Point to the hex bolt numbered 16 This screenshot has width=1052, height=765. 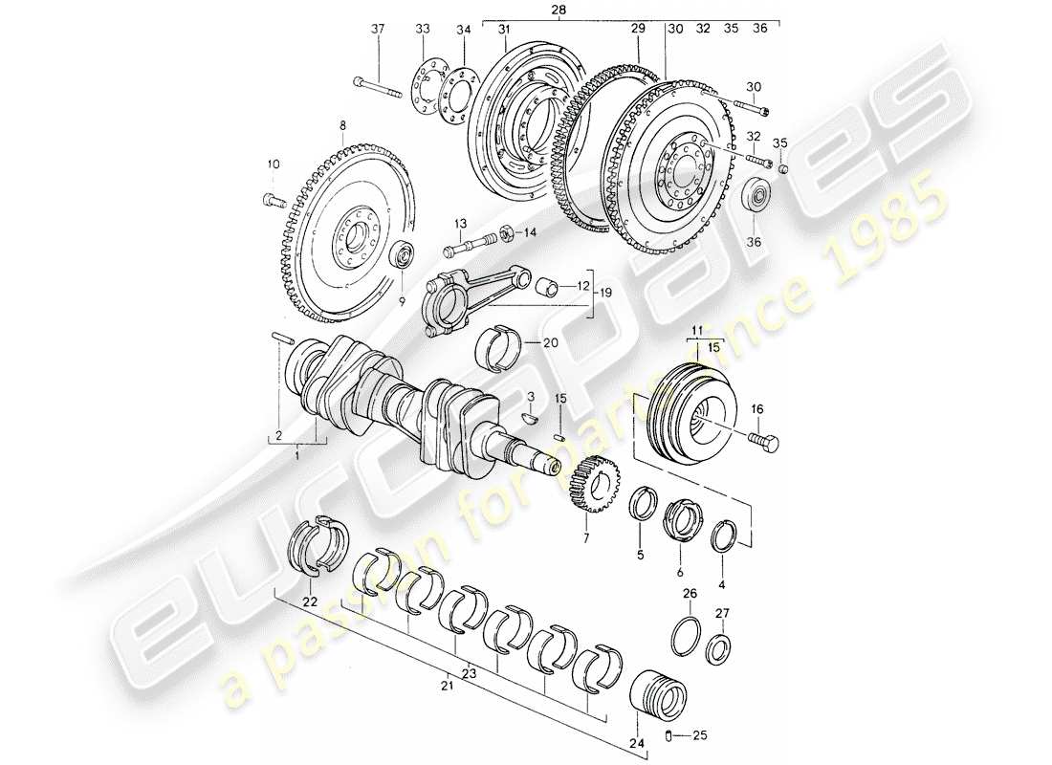(762, 442)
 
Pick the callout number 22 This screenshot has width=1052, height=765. (309, 601)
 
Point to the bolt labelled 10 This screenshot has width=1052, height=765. (272, 202)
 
